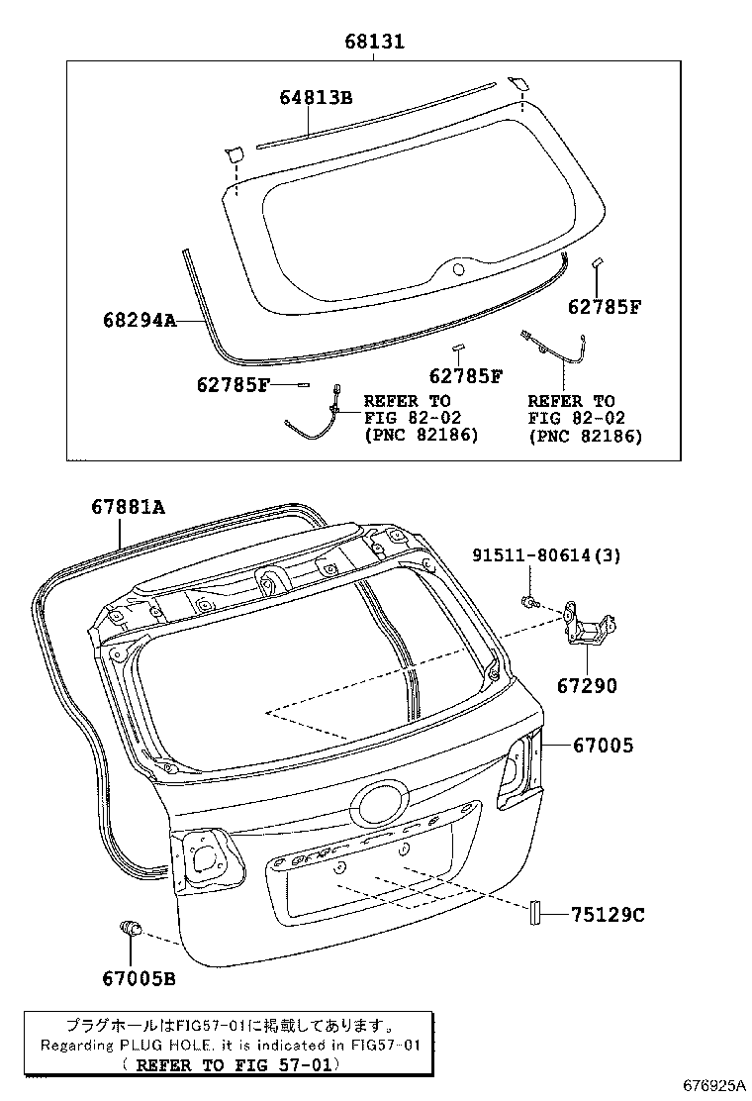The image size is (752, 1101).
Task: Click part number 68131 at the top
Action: pyautogui.click(x=374, y=43)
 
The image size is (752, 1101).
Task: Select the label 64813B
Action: pyautogui.click(x=316, y=97)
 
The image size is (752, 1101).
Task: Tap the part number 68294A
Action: pyautogui.click(x=139, y=320)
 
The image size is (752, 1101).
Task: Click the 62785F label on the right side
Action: pyautogui.click(x=605, y=306)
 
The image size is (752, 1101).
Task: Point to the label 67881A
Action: pyautogui.click(x=128, y=507)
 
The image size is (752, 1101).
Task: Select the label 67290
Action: pyautogui.click(x=586, y=684)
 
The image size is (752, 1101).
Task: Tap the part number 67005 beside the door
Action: pyautogui.click(x=602, y=746)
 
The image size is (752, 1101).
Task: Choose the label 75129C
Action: pyautogui.click(x=607, y=916)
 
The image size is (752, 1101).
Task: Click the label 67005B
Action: pyautogui.click(x=139, y=978)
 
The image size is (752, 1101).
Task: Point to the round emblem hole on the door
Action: pyautogui.click(x=382, y=803)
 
